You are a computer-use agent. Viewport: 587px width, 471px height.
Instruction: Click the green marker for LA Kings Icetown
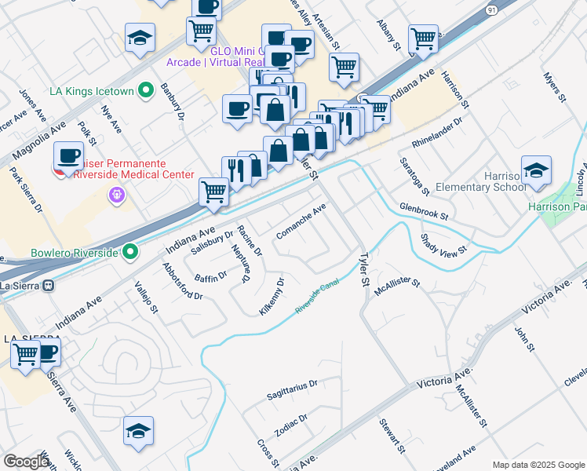click(146, 92)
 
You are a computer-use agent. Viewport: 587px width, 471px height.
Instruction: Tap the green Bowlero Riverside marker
click(130, 253)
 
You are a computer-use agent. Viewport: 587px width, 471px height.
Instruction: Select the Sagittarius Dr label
click(291, 385)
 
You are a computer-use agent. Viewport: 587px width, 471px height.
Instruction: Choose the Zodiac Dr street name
click(291, 425)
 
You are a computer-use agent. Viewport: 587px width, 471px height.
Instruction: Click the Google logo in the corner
click(26, 462)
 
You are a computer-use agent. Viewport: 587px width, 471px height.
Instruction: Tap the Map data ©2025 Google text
click(538, 465)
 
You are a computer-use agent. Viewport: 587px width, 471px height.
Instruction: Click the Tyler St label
click(363, 268)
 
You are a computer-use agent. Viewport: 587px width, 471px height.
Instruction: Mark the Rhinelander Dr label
click(438, 132)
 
